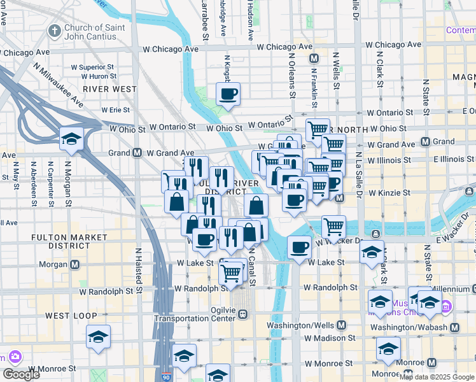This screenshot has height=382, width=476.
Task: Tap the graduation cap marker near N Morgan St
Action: (x=71, y=138)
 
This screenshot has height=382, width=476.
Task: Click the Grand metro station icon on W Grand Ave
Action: (x=137, y=153)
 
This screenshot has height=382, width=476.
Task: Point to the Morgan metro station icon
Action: (x=74, y=264)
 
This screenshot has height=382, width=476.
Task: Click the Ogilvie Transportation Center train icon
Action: (x=242, y=313)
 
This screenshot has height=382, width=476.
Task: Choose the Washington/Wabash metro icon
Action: (x=454, y=328)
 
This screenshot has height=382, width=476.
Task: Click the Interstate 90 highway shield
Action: (x=166, y=377)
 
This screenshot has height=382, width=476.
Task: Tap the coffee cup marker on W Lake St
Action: (x=299, y=246)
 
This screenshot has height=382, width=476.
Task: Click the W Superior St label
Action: (x=92, y=66)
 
